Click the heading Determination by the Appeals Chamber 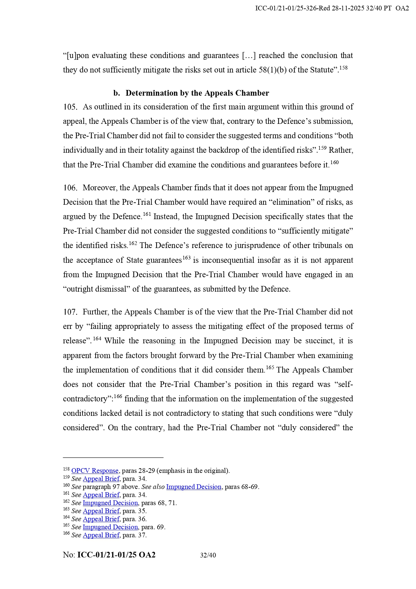(x=197, y=93)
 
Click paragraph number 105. (x=70, y=107)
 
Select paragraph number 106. (x=70, y=188)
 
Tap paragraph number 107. (x=70, y=312)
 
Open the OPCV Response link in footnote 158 (x=95, y=471)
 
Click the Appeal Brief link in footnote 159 (x=101, y=479)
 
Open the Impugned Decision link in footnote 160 (x=194, y=487)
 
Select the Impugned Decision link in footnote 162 (x=110, y=503)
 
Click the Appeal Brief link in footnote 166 (x=101, y=535)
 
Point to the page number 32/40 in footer (x=208, y=555)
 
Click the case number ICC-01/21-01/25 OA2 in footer (x=116, y=555)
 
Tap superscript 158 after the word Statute (x=343, y=68)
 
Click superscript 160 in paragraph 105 (x=335, y=163)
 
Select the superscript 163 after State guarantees (x=186, y=258)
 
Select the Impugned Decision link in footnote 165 (x=110, y=527)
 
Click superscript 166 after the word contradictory (x=118, y=397)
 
